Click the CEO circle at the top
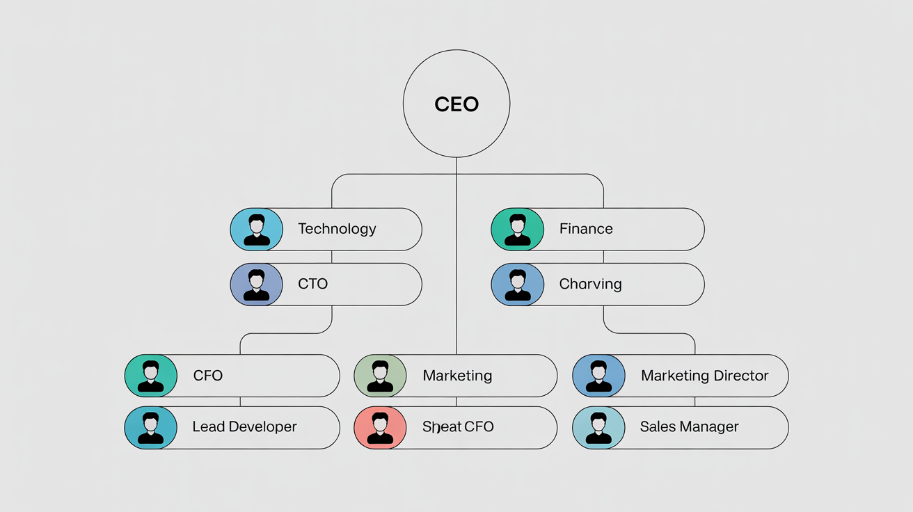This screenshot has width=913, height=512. [456, 104]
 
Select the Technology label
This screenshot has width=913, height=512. [337, 229]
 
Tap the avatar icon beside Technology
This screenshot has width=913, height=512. [256, 229]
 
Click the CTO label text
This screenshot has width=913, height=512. [312, 284]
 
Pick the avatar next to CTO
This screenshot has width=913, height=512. [256, 285]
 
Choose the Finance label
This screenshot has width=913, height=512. [586, 229]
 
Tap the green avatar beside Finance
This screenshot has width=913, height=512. [517, 229]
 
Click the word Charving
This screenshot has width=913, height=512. [590, 284]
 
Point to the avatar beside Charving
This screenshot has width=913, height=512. [517, 285]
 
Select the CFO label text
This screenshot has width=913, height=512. [207, 376]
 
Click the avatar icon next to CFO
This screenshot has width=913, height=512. [150, 376]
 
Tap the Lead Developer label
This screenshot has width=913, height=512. [244, 427]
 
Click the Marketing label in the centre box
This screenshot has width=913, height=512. [457, 376]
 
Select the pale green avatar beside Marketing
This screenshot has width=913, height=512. [380, 376]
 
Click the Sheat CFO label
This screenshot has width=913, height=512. [458, 427]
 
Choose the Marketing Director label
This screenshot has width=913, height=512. [704, 376]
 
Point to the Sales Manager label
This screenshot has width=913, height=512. [689, 427]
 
